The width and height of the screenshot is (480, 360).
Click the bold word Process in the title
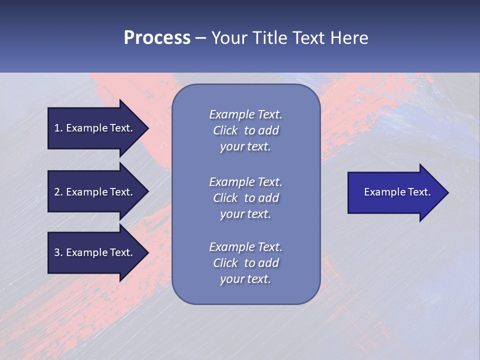157,38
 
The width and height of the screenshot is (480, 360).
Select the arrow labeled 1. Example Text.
95,128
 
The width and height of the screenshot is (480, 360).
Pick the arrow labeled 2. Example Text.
95,192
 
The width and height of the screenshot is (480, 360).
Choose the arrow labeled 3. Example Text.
95,252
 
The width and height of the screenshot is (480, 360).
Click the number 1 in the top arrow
57,128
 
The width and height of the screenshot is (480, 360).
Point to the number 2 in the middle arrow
57,192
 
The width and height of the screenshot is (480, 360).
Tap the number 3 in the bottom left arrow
57,252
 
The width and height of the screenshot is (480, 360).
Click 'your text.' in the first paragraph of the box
245,146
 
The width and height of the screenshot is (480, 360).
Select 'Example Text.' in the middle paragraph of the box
245,182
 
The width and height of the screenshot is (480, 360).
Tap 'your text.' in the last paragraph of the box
245,279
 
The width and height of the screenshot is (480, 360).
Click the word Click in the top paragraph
225,130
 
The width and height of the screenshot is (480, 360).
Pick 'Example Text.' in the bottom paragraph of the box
245,247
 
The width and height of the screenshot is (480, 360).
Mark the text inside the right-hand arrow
397,192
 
